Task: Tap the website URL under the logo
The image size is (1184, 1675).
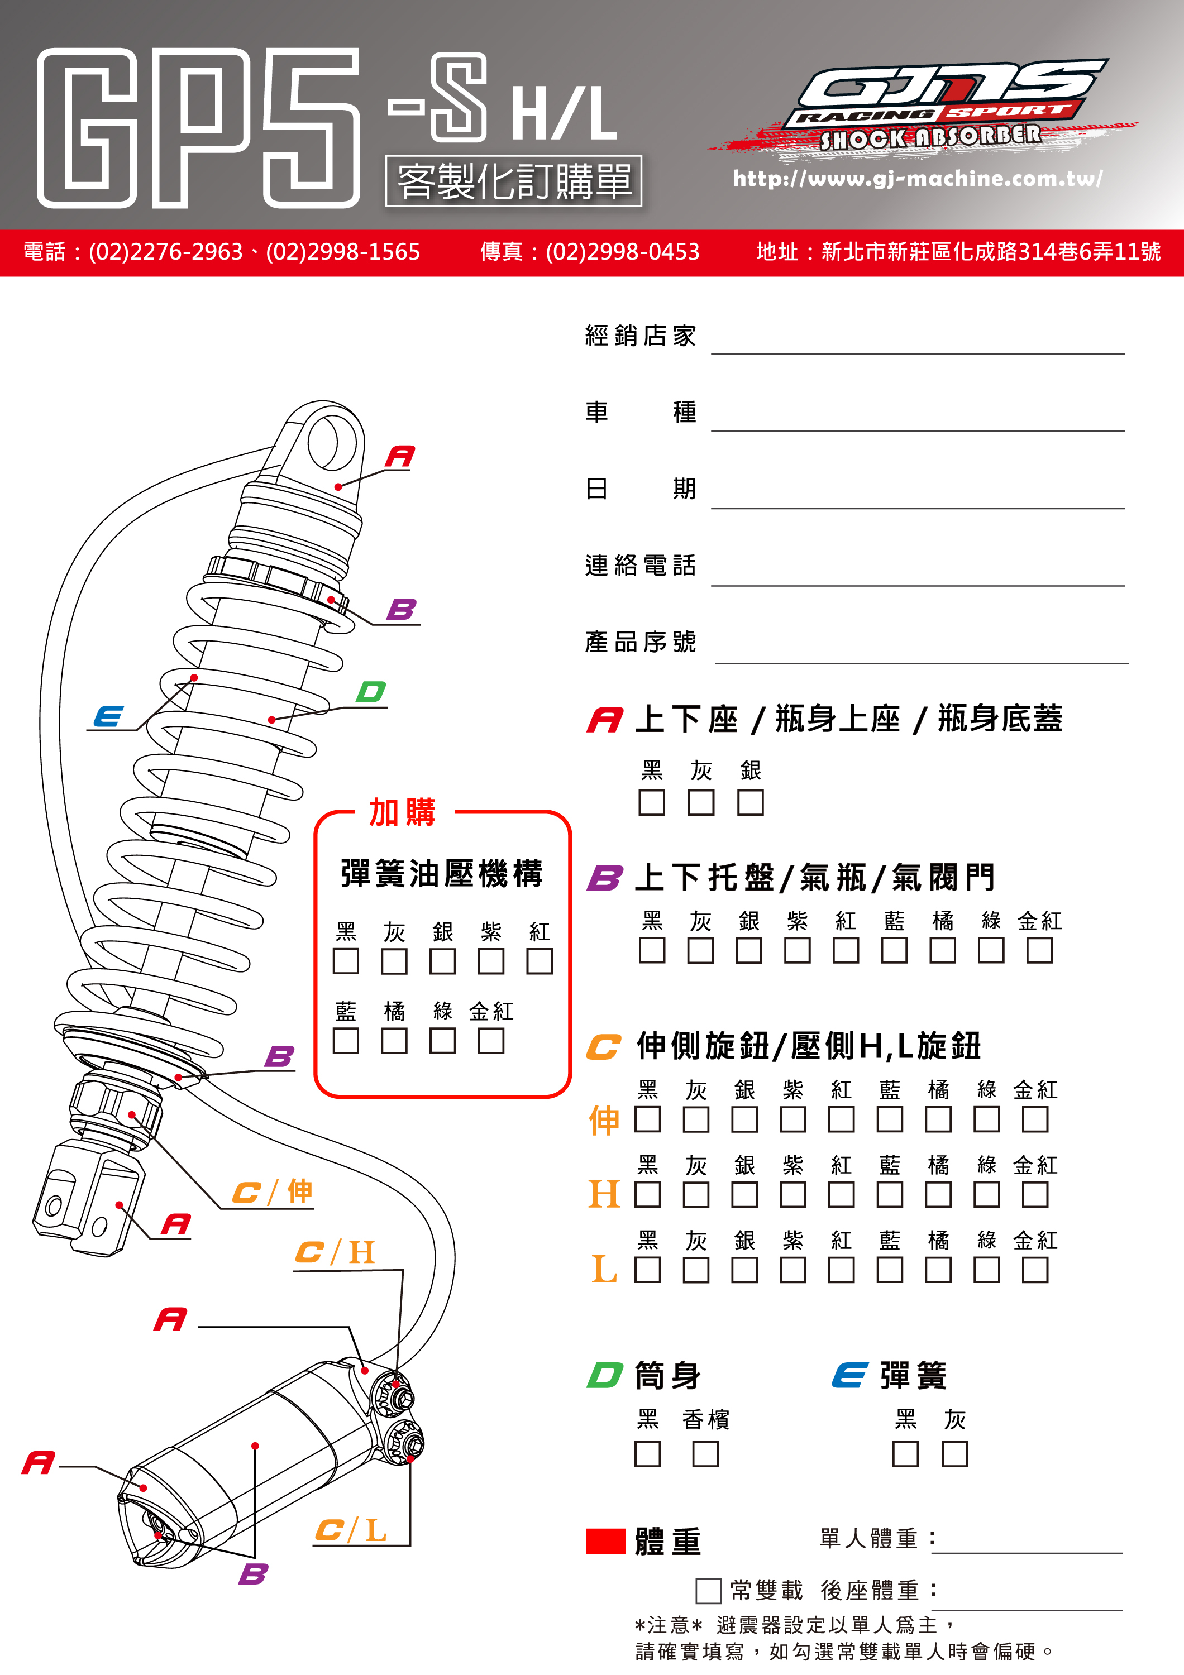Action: pyautogui.click(x=917, y=178)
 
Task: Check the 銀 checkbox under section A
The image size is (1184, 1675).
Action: pyautogui.click(x=750, y=802)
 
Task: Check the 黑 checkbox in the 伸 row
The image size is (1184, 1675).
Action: pyautogui.click(x=647, y=1119)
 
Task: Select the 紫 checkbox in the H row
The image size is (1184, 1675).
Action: pyautogui.click(x=792, y=1194)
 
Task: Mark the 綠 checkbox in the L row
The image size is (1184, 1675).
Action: pyautogui.click(x=986, y=1270)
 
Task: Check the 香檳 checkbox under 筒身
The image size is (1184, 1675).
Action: pyautogui.click(x=705, y=1454)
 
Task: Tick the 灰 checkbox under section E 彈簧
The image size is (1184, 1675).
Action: pyautogui.click(x=954, y=1454)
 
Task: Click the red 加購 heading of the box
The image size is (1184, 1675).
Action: pyautogui.click(x=402, y=812)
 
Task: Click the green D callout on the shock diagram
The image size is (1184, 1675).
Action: pyautogui.click(x=371, y=692)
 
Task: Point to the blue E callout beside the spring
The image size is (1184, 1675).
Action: pyautogui.click(x=108, y=716)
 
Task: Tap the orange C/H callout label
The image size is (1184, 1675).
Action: pyautogui.click(x=335, y=1252)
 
